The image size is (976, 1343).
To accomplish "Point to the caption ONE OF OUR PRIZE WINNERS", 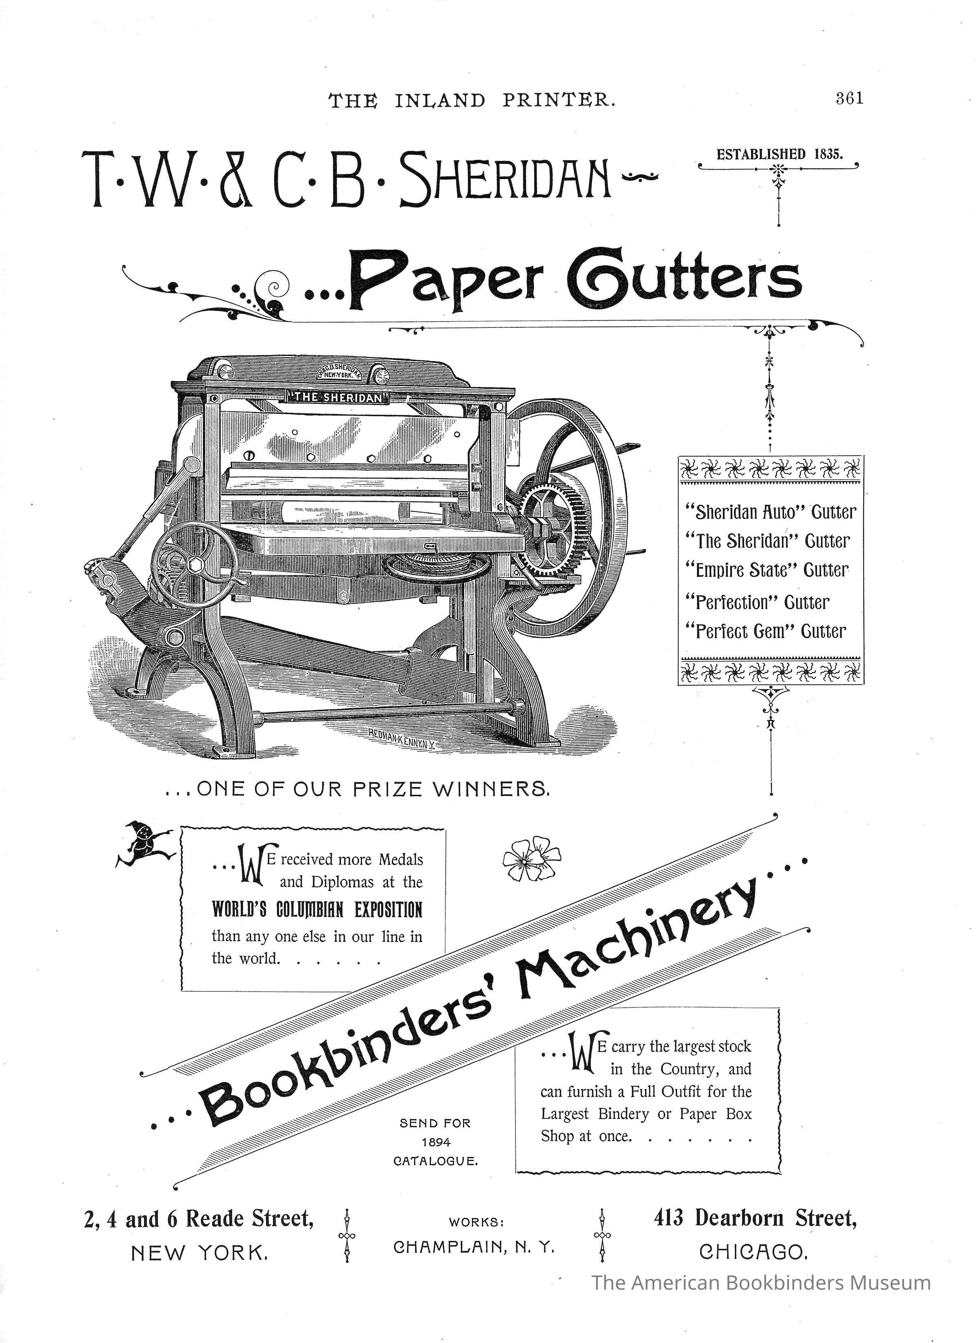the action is point(359,789).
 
